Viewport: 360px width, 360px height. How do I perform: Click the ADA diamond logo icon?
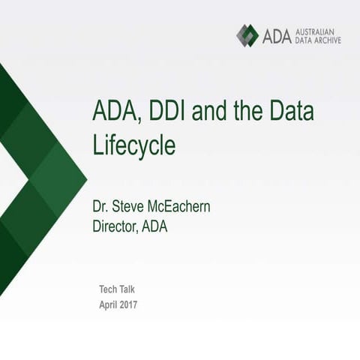(247, 35)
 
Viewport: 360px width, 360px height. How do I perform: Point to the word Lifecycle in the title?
(134, 145)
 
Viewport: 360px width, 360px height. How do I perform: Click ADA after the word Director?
(154, 226)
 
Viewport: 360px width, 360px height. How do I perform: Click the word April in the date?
(111, 304)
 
